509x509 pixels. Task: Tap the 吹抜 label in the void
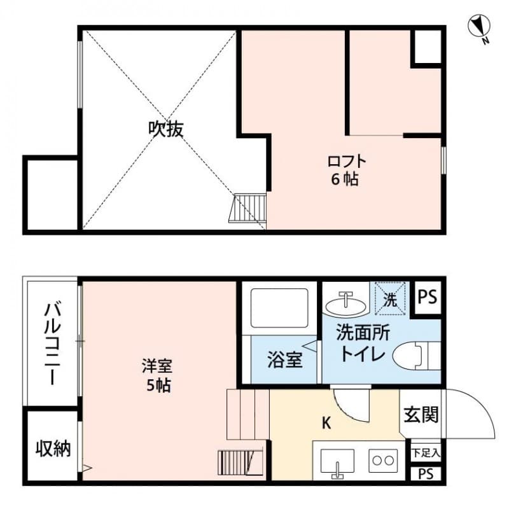[166, 129]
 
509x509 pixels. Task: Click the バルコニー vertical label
[52, 344]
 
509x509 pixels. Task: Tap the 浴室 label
[284, 360]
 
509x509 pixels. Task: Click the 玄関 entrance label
[421, 415]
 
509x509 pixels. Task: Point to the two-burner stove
[384, 460]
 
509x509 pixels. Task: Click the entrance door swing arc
[474, 414]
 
